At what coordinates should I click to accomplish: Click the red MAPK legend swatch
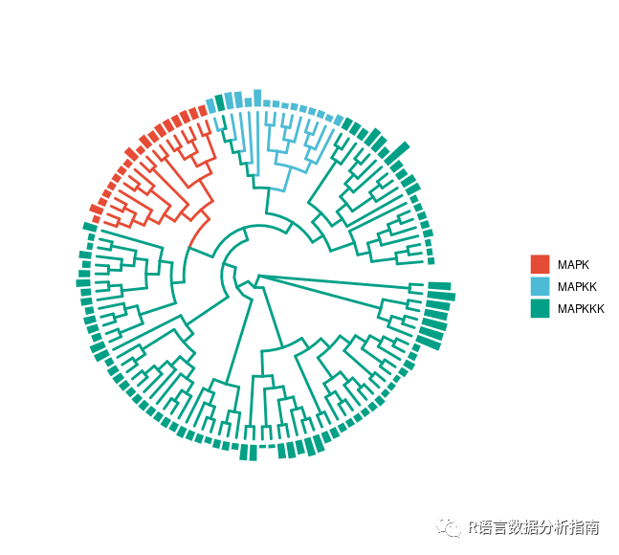pos(540,263)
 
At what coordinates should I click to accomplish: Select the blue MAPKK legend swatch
pos(540,286)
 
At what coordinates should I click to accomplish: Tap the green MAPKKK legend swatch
pos(540,308)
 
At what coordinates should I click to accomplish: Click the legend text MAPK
pos(574,263)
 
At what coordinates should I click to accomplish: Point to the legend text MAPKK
pos(577,286)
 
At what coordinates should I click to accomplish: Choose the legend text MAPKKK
pos(581,308)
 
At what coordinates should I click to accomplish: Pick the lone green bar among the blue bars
pos(220,102)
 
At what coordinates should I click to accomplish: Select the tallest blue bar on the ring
pos(257,97)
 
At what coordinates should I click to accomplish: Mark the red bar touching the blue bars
pos(202,110)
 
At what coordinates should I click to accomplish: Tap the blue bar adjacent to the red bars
pos(210,105)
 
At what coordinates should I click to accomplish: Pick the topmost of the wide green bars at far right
pos(439,285)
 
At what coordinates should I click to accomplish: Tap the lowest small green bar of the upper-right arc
pos(431,260)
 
